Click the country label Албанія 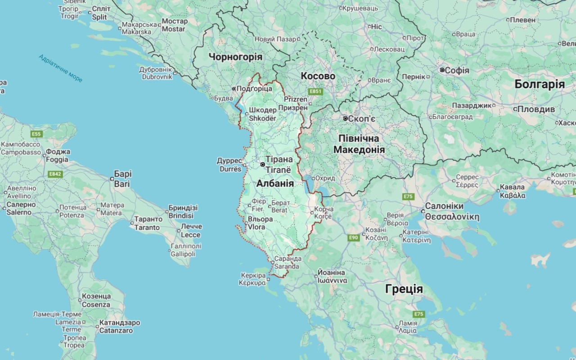pyautogui.click(x=275, y=184)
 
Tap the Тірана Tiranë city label pyautogui.click(x=279, y=164)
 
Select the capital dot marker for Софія pyautogui.click(x=442, y=70)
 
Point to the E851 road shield pyautogui.click(x=315, y=92)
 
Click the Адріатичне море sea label pyautogui.click(x=60, y=68)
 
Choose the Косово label pyautogui.click(x=318, y=76)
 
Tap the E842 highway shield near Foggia pyautogui.click(x=55, y=174)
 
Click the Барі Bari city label pyautogui.click(x=122, y=179)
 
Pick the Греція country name pyautogui.click(x=404, y=289)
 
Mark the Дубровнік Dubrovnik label pyautogui.click(x=156, y=73)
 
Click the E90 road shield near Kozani pyautogui.click(x=353, y=238)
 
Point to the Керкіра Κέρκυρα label pyautogui.click(x=252, y=279)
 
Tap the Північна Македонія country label pyautogui.click(x=359, y=144)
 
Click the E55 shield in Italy pyautogui.click(x=36, y=134)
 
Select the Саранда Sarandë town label pyautogui.click(x=287, y=262)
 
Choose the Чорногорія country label pyautogui.click(x=235, y=57)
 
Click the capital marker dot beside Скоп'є pyautogui.click(x=345, y=118)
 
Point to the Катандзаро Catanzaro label pyautogui.click(x=119, y=327)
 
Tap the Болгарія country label pyautogui.click(x=540, y=85)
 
